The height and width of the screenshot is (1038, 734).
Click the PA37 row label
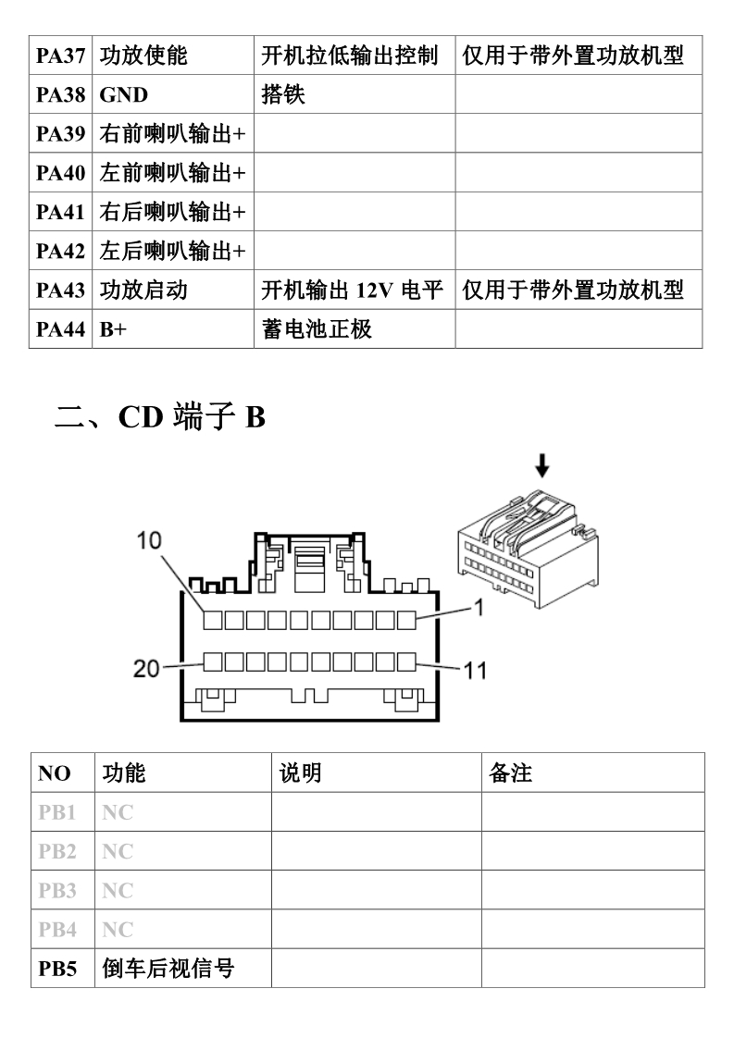(60, 56)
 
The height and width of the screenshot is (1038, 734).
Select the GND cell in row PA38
(124, 94)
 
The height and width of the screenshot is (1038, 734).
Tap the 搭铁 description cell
(283, 94)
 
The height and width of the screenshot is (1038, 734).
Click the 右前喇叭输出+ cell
(173, 134)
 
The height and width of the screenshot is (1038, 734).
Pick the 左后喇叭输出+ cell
(173, 251)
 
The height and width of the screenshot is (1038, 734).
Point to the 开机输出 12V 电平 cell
(352, 290)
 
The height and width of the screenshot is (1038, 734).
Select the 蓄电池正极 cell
(317, 329)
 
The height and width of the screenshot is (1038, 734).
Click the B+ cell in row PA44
(113, 329)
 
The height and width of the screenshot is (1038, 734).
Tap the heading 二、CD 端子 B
(159, 416)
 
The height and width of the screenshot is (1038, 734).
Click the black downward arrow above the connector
(542, 464)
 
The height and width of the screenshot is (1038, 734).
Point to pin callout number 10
(149, 541)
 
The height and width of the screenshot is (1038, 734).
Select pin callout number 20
(146, 668)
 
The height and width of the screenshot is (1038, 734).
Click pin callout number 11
(476, 671)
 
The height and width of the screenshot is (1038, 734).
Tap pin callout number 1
(479, 606)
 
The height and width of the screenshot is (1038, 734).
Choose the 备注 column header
(510, 772)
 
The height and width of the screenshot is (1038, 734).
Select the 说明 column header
(300, 772)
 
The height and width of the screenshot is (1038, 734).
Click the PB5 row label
(57, 969)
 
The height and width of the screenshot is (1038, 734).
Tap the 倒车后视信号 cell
(168, 969)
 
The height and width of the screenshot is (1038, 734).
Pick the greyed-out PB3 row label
(57, 890)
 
